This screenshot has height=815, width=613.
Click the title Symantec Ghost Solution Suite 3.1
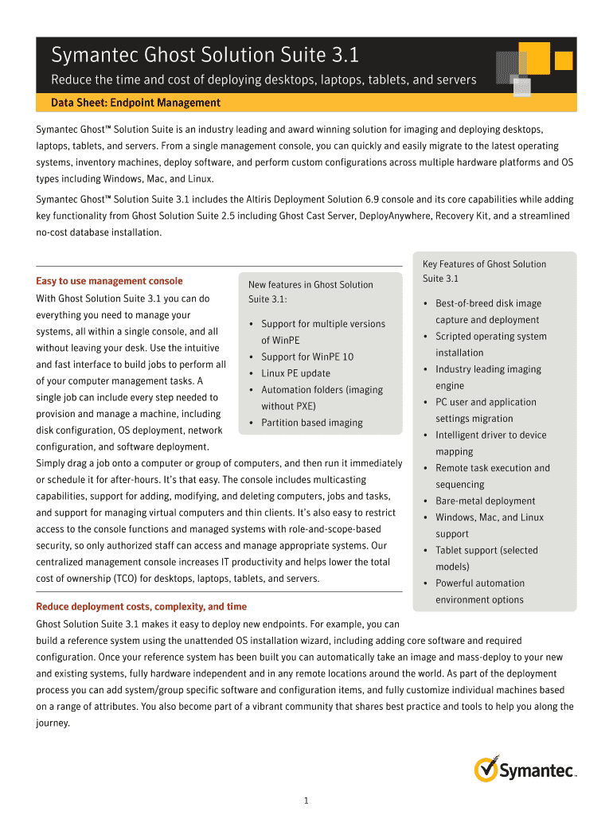[205, 55]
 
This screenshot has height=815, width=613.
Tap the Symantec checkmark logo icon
[486, 770]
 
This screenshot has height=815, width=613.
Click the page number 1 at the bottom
[306, 800]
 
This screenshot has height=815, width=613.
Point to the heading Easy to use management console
[109, 281]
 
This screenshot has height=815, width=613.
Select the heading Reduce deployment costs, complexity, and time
[141, 606]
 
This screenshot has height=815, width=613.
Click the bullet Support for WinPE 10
[306, 357]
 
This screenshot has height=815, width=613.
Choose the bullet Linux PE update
[295, 373]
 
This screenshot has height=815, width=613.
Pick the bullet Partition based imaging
[311, 423]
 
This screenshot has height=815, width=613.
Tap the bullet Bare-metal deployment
[485, 501]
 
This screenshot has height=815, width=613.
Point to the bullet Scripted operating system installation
[490, 345]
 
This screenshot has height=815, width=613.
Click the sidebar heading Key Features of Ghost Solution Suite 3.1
[484, 271]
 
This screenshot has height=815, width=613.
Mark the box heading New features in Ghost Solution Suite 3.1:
[310, 291]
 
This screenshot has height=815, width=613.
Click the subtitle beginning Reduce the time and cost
[264, 80]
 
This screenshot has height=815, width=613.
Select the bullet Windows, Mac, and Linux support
[489, 525]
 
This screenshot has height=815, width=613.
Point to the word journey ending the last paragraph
[53, 723]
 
